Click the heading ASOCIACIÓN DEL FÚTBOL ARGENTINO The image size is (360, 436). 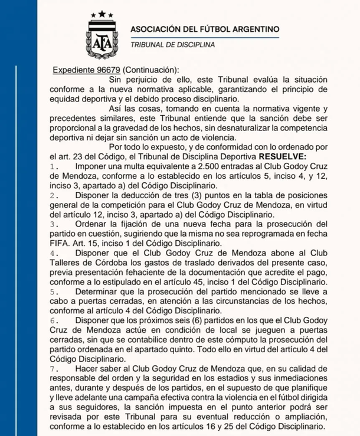click(204, 29)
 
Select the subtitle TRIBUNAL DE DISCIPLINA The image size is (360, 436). click(172, 45)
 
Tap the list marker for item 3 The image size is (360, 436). click(54, 224)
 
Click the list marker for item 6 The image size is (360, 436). click(54, 319)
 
